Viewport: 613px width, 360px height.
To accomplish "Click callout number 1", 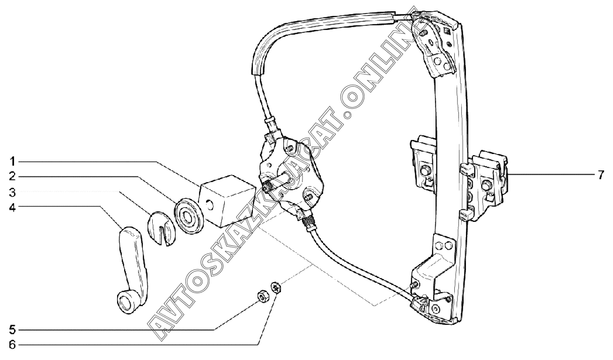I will (x=13, y=162).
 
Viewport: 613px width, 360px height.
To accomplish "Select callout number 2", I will (x=13, y=176).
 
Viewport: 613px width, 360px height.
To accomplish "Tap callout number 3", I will (x=13, y=192).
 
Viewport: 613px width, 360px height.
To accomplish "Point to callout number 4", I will (x=13, y=206).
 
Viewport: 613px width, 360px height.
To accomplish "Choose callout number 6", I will (x=13, y=345).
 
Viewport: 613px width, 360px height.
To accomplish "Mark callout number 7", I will (x=600, y=175).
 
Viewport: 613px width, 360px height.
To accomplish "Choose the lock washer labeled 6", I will (x=277, y=287).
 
